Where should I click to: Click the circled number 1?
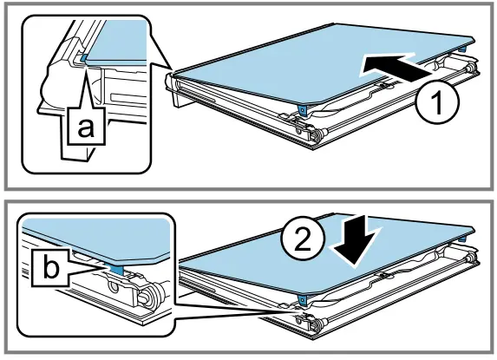click(x=437, y=102)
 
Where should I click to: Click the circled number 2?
click(x=303, y=240)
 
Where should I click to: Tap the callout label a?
click(x=86, y=127)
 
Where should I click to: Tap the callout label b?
click(x=50, y=268)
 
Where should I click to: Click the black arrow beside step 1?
click(x=397, y=67)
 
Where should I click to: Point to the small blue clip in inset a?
click(x=83, y=57)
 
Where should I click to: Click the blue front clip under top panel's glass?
click(x=303, y=110)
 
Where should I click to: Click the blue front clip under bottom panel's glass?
click(x=303, y=298)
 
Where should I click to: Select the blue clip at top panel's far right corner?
click(x=463, y=49)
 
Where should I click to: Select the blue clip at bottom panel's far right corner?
click(x=463, y=238)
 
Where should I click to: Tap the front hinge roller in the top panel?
click(x=318, y=134)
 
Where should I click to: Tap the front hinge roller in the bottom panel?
click(x=318, y=324)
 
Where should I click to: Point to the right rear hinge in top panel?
click(x=471, y=69)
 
